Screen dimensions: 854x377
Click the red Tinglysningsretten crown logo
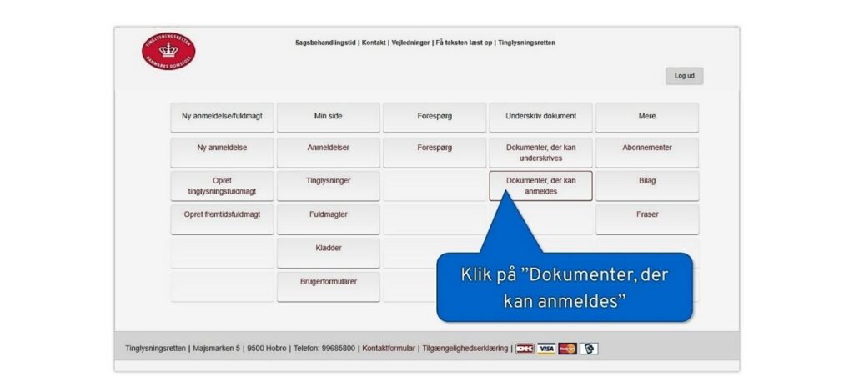168,51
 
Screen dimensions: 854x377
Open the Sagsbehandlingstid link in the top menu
326,43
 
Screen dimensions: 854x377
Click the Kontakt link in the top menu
374,43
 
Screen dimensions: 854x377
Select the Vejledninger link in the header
410,43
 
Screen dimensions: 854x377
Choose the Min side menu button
329,117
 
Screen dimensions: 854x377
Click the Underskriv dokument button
540,117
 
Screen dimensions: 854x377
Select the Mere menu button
647,117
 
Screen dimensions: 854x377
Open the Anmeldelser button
329,153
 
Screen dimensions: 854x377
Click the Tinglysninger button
329,186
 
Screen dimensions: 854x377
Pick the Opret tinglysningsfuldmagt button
222,186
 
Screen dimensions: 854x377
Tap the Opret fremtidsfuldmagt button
222,219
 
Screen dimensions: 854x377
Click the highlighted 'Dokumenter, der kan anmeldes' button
540,186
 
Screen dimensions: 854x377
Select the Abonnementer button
647,153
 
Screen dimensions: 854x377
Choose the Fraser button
647,219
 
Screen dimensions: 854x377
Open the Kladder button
329,253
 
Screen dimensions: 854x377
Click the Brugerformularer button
329,287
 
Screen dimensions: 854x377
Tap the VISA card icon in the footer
546,349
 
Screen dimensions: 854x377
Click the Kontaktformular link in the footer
389,349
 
